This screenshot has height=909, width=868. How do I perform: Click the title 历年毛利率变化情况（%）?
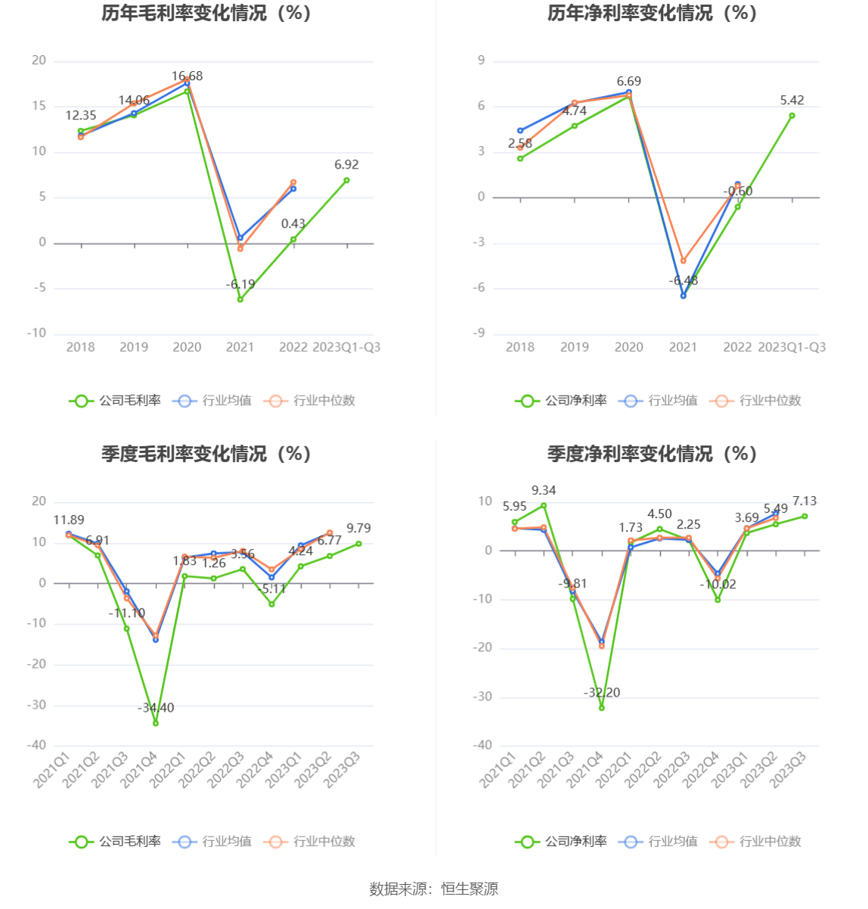coord(206,14)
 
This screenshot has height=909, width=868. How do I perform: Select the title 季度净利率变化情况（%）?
coord(652,454)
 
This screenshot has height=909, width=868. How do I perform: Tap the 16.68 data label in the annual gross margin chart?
coord(187,76)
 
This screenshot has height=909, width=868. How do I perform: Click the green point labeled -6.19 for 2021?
coord(240,299)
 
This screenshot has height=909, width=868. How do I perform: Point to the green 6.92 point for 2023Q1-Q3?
coord(346,180)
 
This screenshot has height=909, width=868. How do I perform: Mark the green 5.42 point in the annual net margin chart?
coord(792,116)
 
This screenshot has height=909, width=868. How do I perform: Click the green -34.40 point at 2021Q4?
coord(156,723)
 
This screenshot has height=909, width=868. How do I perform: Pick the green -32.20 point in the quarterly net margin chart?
coord(602,708)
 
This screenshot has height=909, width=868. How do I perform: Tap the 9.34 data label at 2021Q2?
coord(544,491)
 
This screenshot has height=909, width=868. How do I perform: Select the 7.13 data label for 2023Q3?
coord(804,501)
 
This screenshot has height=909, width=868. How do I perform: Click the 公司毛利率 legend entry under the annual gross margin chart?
coord(116,401)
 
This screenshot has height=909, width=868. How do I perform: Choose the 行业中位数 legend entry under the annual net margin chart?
coord(755,401)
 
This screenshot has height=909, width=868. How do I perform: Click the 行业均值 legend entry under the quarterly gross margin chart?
coord(212,842)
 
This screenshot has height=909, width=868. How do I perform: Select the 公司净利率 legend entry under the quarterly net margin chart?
coord(562,842)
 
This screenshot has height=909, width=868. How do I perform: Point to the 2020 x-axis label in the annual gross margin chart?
coord(187,347)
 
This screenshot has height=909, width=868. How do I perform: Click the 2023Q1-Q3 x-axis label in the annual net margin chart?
coord(792,347)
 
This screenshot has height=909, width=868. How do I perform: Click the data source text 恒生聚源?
coord(470,889)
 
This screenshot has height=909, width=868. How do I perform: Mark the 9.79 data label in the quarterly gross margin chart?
coord(358,529)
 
